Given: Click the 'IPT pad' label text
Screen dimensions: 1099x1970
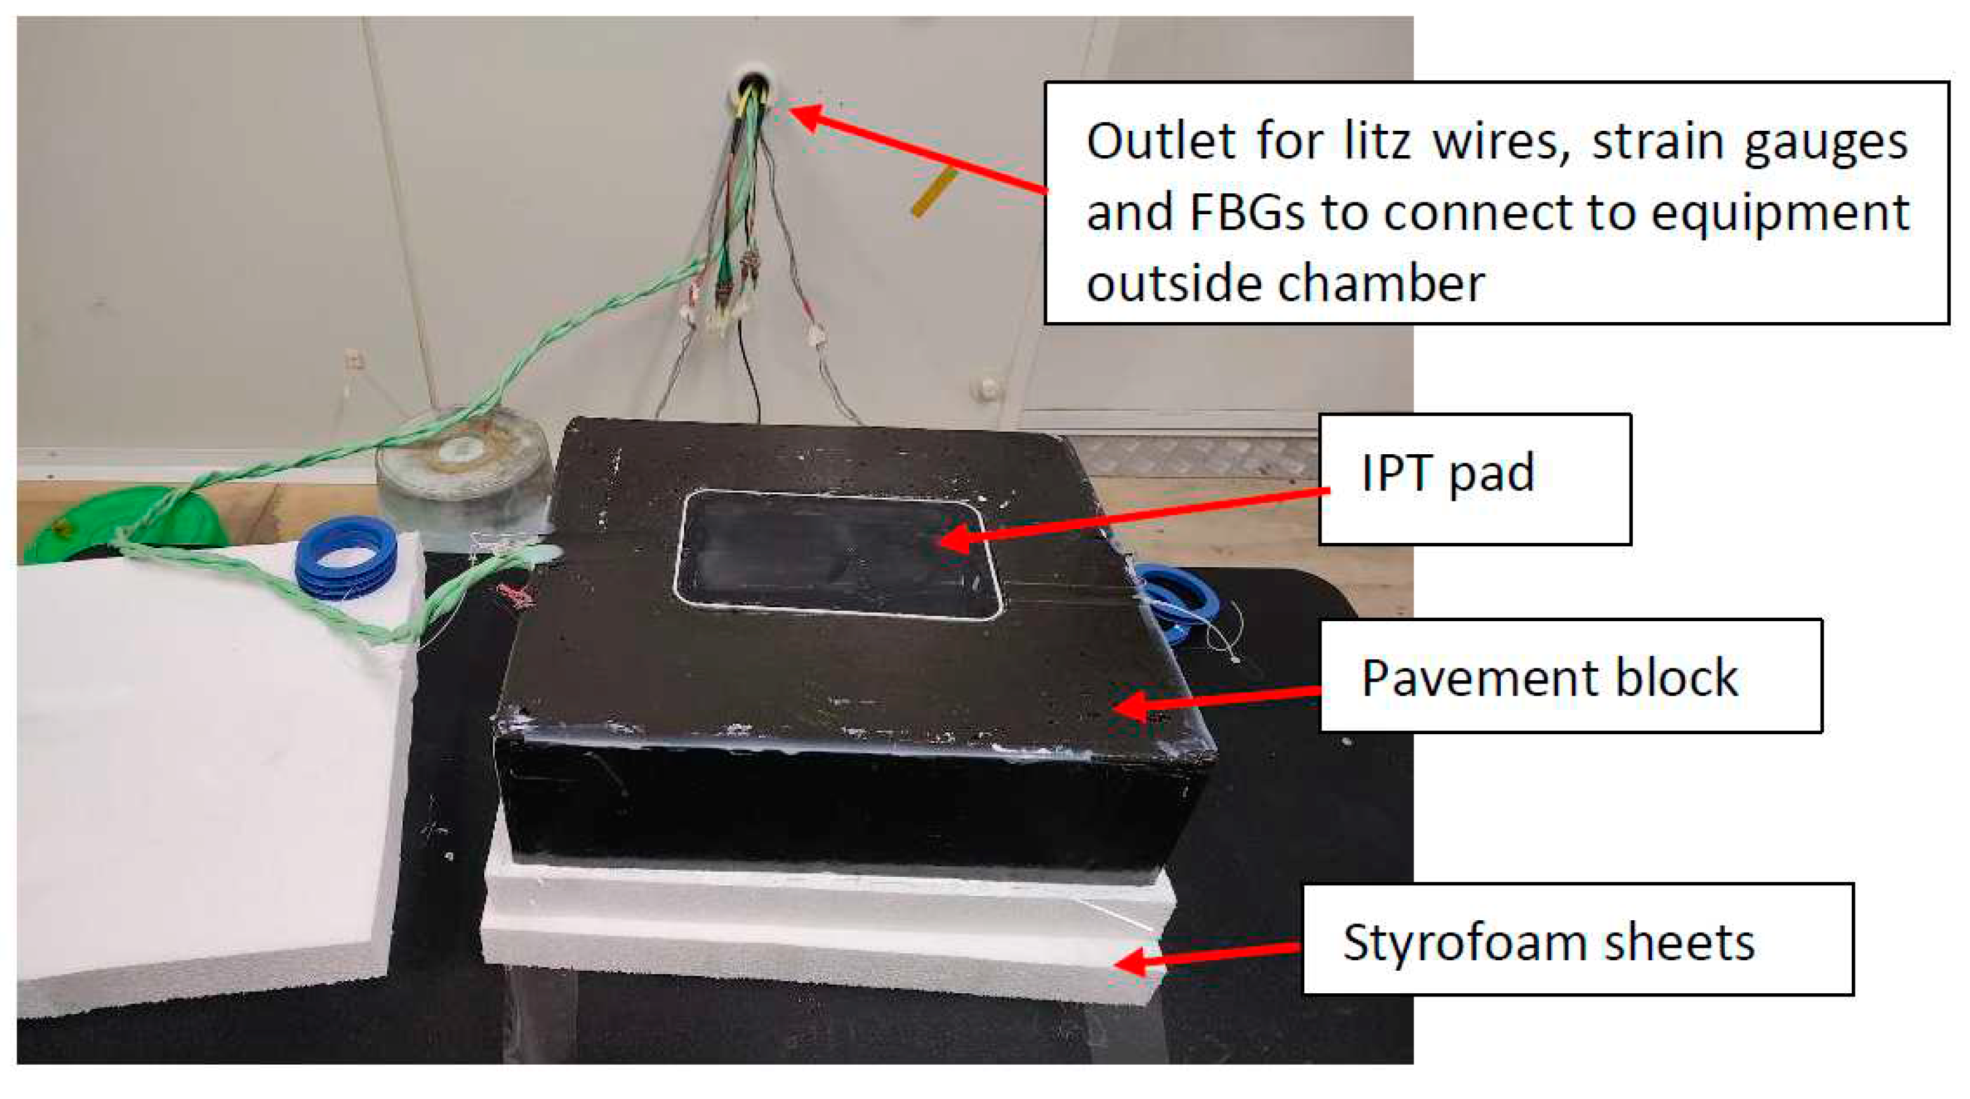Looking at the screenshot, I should click(1448, 473).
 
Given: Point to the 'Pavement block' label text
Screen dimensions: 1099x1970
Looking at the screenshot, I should click(1549, 678).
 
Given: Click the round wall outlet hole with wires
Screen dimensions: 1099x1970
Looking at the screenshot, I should click(753, 89).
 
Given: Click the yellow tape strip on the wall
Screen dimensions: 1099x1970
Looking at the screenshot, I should click(934, 193).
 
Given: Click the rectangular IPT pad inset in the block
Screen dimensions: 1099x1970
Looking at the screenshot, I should click(837, 555).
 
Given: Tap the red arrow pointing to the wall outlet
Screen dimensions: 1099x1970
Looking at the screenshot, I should click(918, 150).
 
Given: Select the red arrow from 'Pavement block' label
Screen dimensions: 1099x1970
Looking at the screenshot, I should click(1216, 699).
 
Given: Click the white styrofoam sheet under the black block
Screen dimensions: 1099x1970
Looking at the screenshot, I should click(826, 933).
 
